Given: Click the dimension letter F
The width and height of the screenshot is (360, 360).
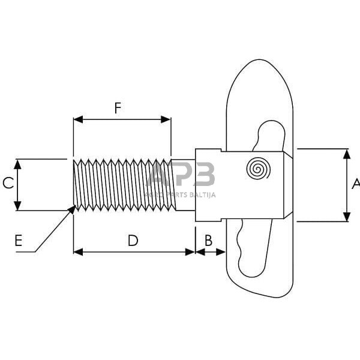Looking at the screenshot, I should [118, 108].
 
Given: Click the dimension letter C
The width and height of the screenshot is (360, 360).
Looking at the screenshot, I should [8, 184].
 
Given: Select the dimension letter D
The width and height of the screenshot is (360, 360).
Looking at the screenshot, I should [133, 241].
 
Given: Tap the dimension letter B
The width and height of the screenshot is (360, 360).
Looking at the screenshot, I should [208, 240].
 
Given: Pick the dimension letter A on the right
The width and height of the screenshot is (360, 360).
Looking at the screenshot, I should [355, 184].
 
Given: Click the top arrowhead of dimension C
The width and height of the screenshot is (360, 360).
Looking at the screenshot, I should [18, 161].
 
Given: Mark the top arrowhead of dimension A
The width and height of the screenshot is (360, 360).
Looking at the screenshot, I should [347, 151].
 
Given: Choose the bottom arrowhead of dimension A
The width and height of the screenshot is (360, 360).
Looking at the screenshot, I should [347, 219].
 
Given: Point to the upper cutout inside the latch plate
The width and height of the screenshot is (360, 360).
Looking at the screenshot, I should [269, 135].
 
